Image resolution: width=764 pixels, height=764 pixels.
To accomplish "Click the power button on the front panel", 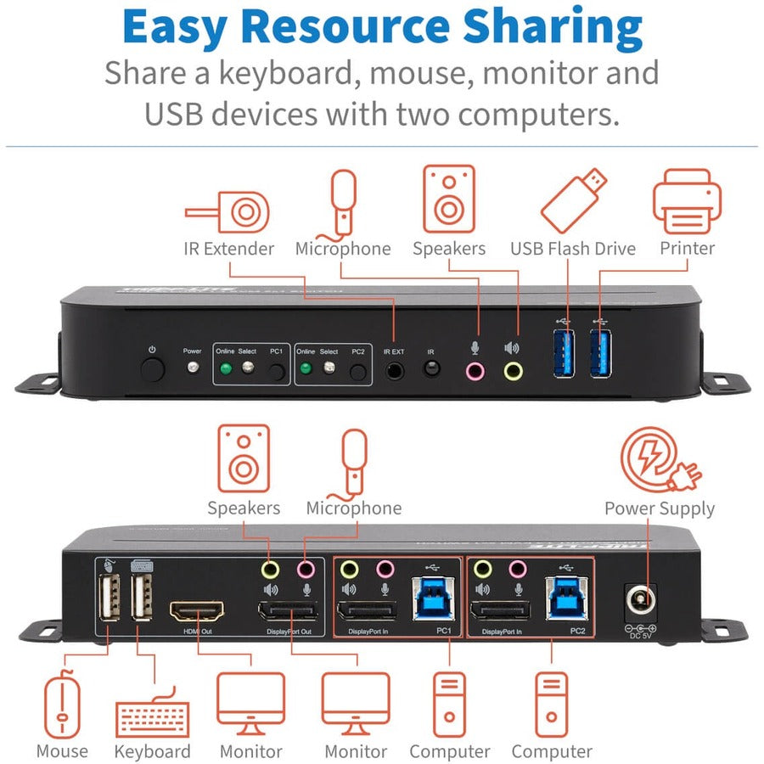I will coord(153,370).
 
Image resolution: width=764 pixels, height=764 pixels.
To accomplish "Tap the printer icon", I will coord(687,202).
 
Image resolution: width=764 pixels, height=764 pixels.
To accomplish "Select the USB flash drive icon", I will coord(574,201).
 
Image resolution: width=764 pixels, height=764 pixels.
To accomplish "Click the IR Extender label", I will coord(229,249).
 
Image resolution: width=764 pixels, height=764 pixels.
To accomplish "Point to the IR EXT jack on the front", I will coord(395,370).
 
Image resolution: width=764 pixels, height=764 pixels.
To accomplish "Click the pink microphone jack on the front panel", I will coord(475,370).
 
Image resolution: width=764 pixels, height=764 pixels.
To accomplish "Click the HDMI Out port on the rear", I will coord(197,612).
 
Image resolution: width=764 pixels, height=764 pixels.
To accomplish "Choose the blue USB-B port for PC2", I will coord(565,598).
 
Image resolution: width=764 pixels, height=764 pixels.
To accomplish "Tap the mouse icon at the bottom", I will coord(62,706).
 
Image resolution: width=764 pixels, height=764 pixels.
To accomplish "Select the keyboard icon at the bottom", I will coord(153,717).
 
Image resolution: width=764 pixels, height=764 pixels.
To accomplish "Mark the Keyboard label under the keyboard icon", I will coord(153,752).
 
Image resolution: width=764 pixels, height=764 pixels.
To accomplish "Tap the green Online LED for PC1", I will coord(224,369).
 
